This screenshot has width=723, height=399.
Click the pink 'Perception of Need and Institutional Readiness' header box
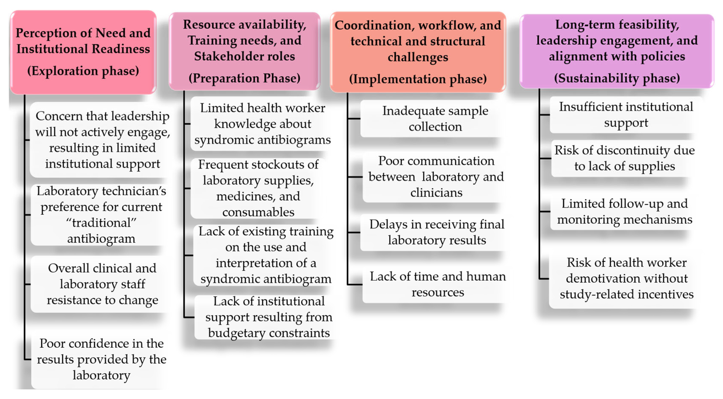coord(83,52)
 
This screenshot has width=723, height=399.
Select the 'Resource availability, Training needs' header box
coord(244,51)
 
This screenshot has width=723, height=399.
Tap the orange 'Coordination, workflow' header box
coord(418,52)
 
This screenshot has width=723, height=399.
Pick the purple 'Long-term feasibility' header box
coord(617,51)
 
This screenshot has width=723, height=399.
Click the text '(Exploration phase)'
coord(83,71)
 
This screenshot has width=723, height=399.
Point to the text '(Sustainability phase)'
coord(617,78)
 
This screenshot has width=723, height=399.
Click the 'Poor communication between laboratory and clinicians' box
coord(436,177)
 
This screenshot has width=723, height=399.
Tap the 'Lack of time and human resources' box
coord(438,284)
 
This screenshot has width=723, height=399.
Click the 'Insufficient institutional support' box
coord(626,115)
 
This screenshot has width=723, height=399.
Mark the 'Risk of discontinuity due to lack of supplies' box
coord(625,158)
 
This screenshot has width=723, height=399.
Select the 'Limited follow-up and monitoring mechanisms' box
coord(625,211)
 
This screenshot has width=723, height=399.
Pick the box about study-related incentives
coord(627,279)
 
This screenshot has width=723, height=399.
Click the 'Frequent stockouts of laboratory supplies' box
coord(258,188)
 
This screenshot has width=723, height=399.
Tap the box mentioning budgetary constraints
coord(269,317)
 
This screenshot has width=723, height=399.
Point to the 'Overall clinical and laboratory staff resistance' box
coord(102,284)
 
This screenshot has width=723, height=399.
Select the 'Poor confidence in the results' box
coord(101,359)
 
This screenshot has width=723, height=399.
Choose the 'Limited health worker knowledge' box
coord(262,124)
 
